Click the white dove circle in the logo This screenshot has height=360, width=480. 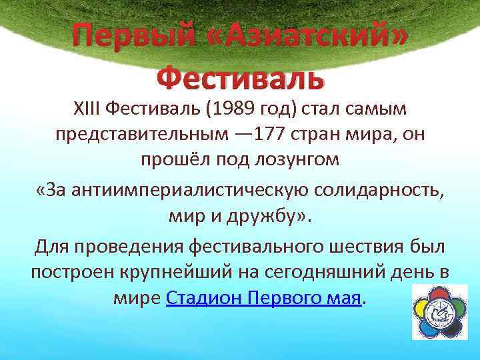point(441,313)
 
